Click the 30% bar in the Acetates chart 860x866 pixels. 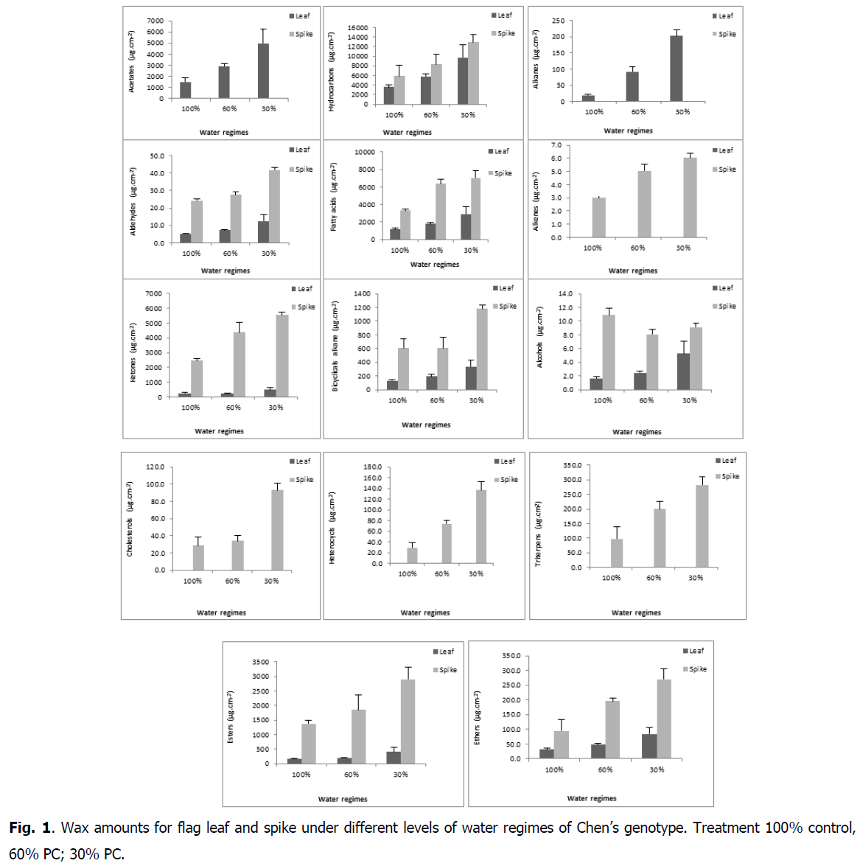click(263, 71)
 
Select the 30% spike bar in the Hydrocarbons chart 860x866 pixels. click(473, 73)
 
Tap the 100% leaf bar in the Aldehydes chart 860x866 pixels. click(186, 238)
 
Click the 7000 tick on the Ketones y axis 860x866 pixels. click(153, 294)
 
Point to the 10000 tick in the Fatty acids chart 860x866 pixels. click(365, 153)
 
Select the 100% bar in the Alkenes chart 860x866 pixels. click(598, 217)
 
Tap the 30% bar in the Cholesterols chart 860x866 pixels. click(277, 530)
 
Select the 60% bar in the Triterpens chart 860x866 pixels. click(660, 538)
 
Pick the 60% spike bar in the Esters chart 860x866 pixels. click(359, 736)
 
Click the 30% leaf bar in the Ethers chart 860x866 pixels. click(649, 746)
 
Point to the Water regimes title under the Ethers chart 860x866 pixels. click(591, 798)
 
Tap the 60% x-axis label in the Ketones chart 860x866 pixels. click(233, 408)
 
